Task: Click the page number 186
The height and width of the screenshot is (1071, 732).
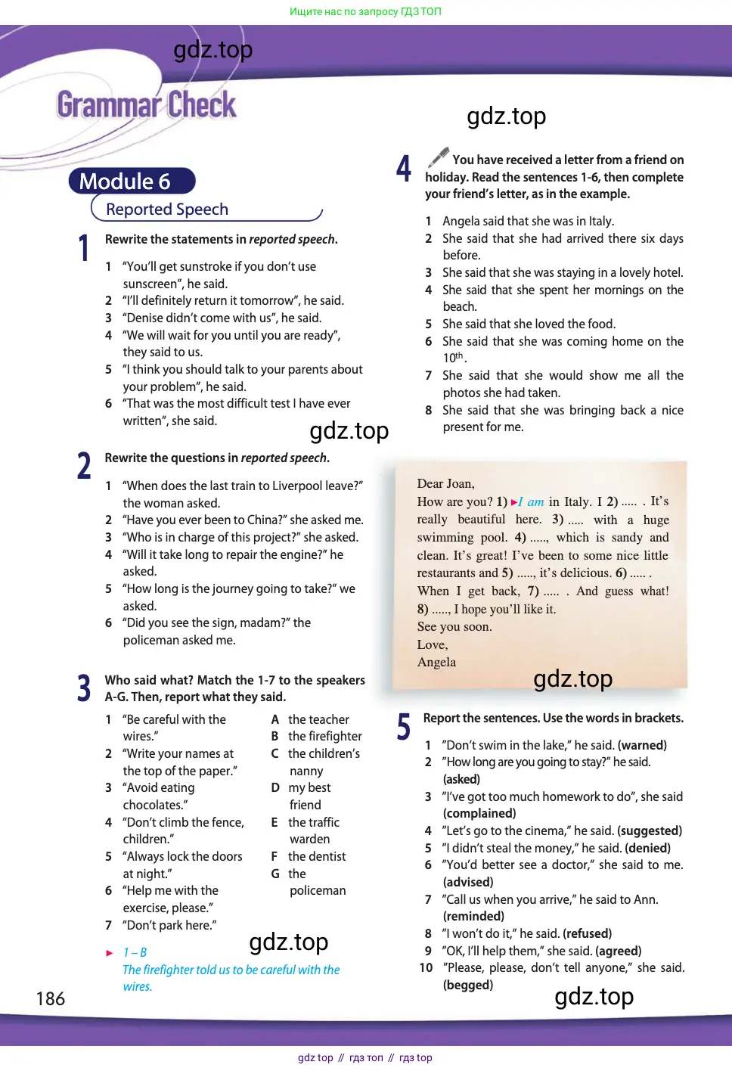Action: pyautogui.click(x=51, y=999)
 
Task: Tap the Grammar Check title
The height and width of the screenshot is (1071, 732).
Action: pyautogui.click(x=147, y=105)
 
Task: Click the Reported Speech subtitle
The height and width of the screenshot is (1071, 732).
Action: pyautogui.click(x=167, y=210)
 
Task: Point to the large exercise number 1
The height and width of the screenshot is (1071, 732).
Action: pyautogui.click(x=84, y=248)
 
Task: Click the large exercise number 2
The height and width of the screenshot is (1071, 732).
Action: pyautogui.click(x=84, y=466)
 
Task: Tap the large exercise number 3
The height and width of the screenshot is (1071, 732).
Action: pyautogui.click(x=84, y=688)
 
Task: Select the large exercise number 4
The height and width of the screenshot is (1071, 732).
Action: pyautogui.click(x=404, y=168)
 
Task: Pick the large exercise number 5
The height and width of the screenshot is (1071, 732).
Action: pyautogui.click(x=404, y=726)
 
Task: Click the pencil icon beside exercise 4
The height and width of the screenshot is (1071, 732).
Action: pyautogui.click(x=439, y=157)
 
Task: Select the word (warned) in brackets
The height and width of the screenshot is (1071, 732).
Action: pyautogui.click(x=642, y=745)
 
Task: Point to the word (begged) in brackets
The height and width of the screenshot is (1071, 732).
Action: pyautogui.click(x=468, y=985)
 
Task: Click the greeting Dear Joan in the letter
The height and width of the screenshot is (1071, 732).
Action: pyautogui.click(x=445, y=483)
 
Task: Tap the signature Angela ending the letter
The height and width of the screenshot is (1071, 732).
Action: pyautogui.click(x=436, y=662)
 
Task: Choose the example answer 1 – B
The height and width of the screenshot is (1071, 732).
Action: pyautogui.click(x=135, y=952)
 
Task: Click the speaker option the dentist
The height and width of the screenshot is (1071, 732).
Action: pyautogui.click(x=317, y=856)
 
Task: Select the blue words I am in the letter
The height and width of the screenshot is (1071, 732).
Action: pyautogui.click(x=531, y=501)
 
